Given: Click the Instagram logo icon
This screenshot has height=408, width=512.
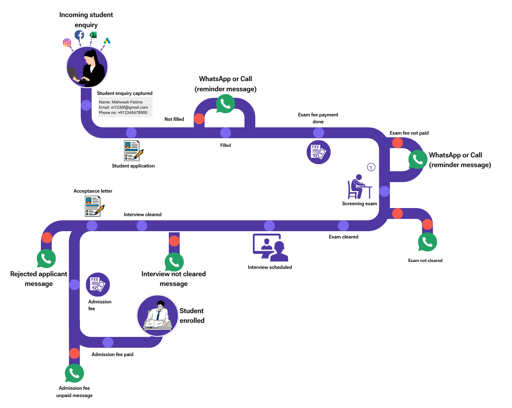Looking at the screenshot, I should pos(67,43).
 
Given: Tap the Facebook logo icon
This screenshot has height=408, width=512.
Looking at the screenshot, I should pos(80,35).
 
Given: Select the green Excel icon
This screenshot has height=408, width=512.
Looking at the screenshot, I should pos(93,35).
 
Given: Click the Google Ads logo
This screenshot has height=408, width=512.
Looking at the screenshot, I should pos(107,41).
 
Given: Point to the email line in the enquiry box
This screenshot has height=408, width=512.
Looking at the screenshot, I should pos(123,107).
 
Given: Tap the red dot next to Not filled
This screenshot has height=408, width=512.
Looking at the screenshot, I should pos(199,119).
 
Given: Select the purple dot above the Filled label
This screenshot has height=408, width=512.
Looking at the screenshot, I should pos(226,133).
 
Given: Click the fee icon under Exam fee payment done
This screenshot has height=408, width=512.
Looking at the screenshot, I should pos(318,152).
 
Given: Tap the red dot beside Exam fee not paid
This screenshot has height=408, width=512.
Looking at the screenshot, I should pos(398,143).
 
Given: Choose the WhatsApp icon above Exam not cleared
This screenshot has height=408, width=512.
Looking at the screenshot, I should pos(427,242).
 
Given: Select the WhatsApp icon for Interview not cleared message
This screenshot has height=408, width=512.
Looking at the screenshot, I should pos(174,262).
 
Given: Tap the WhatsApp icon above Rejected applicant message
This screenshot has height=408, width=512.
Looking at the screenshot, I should pos(46,258).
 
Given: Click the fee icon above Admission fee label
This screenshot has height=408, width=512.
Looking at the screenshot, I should pos(98,284).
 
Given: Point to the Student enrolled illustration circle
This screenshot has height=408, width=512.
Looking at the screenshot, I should pos(158,316).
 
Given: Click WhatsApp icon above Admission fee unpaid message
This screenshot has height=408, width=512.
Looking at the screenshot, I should pos(74,373).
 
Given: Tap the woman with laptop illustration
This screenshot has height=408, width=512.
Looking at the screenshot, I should pos(87,67).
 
